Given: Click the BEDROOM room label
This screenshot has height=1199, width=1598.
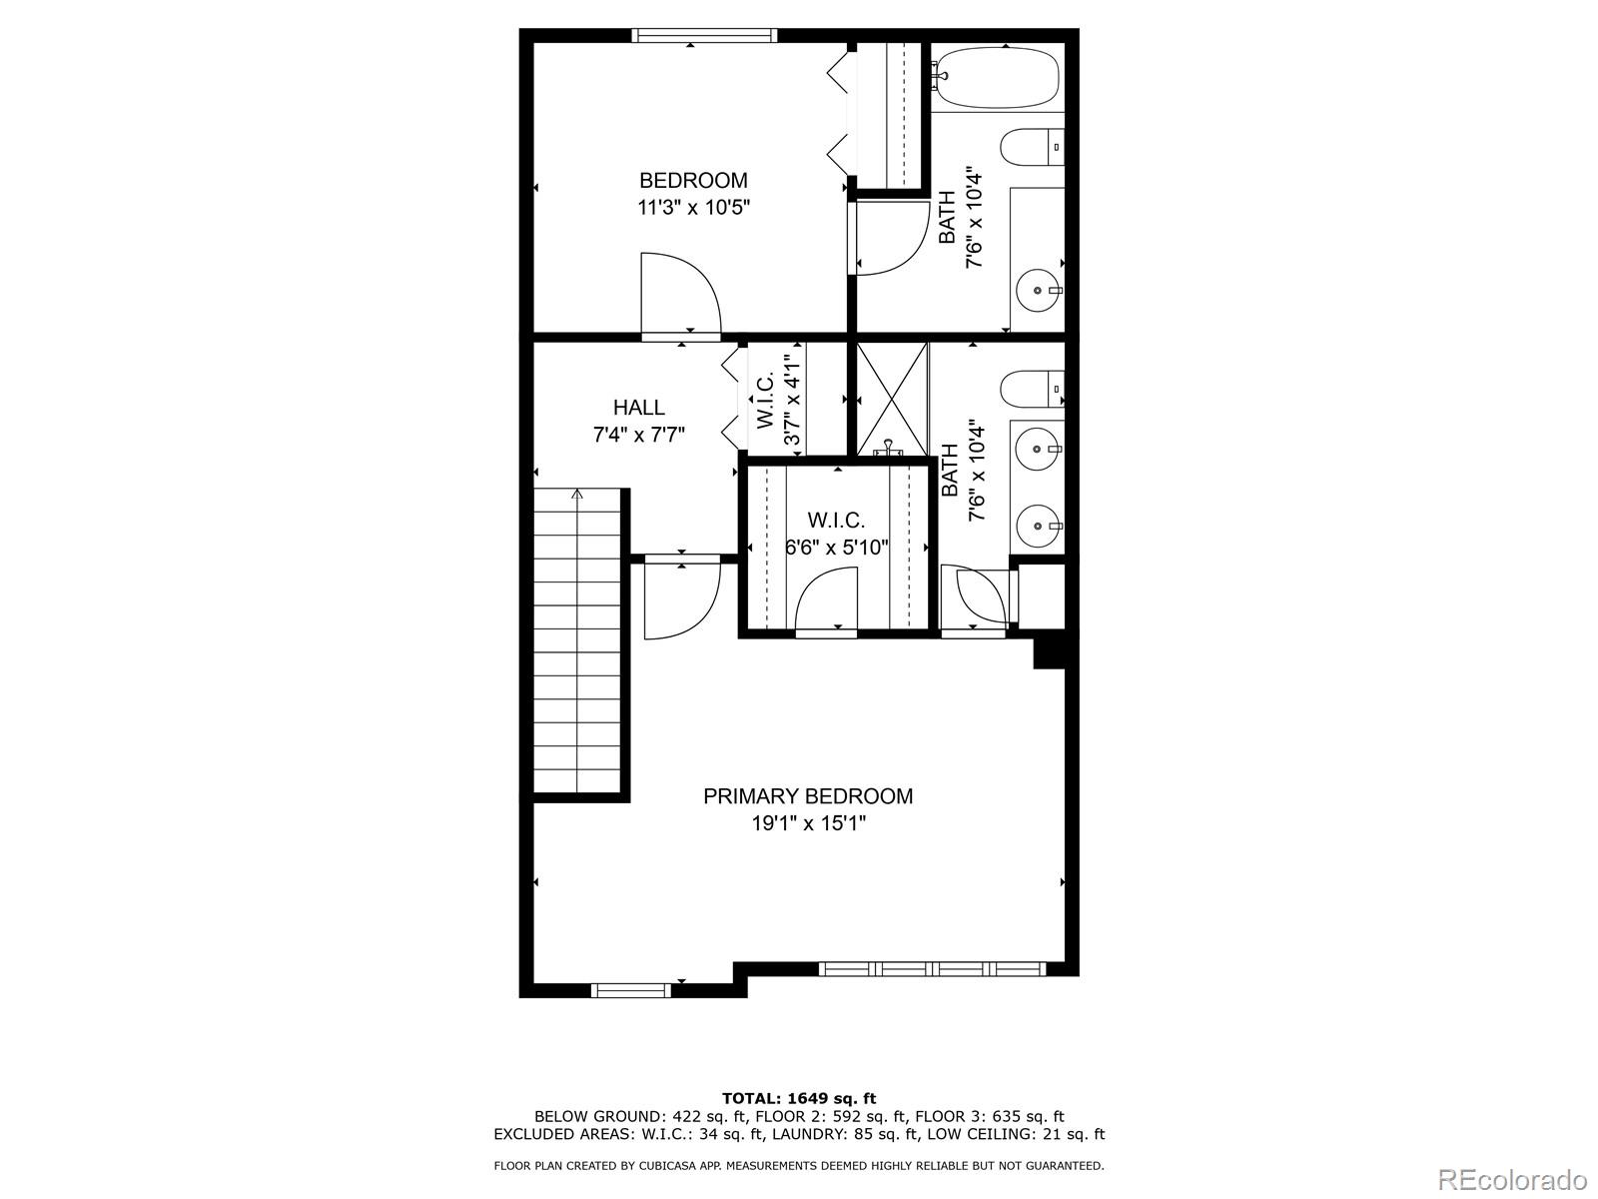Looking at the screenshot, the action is pos(693,180).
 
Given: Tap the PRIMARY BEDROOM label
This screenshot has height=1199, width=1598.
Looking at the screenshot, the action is pos(808,795).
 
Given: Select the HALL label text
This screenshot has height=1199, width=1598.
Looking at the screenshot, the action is pos(638,407).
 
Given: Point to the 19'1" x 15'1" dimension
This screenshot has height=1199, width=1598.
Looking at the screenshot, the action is pos(808,823).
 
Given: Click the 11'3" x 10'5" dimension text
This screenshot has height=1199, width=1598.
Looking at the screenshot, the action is pos(693,208).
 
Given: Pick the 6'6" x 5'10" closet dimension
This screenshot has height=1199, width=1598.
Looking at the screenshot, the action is pos(837,547).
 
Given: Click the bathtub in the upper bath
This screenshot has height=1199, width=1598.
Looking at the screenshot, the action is pos(997,77).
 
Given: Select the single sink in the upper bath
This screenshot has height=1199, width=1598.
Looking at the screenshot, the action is pos(1039,291).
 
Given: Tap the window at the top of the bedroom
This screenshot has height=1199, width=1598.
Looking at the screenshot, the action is pos(704,35).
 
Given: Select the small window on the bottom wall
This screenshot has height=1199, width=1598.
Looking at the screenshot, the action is pos(630,990).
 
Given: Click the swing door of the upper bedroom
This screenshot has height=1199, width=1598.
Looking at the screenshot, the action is pos(681,295).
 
